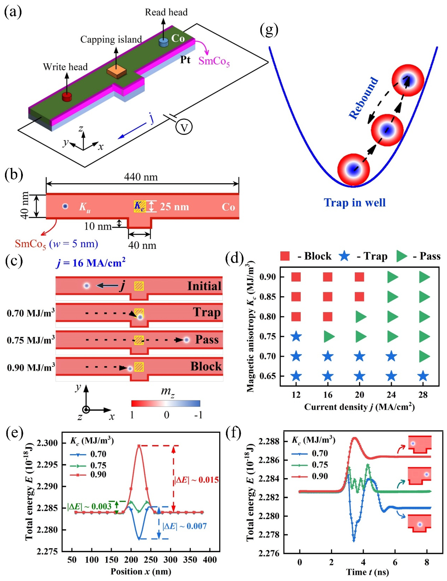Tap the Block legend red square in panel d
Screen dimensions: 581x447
coord(285,256)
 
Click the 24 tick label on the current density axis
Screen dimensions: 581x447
coord(391,395)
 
